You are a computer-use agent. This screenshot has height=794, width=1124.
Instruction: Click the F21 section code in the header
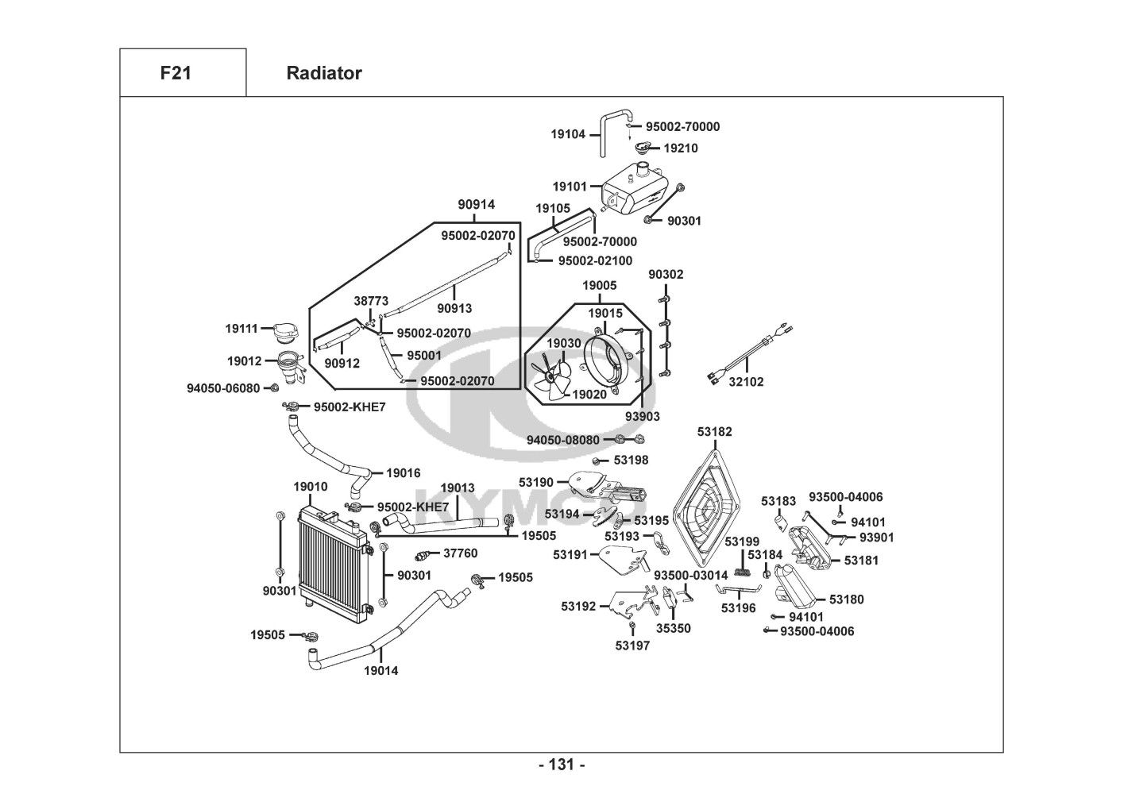[x=175, y=73]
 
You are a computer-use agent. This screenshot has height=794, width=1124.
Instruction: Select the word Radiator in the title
[x=323, y=73]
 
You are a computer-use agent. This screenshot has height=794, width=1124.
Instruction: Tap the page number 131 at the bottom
[x=562, y=765]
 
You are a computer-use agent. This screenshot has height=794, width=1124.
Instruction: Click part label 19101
[x=570, y=187]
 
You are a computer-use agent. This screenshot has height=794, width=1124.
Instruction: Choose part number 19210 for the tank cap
[x=681, y=148]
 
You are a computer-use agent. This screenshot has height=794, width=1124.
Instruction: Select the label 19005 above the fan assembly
[x=599, y=285]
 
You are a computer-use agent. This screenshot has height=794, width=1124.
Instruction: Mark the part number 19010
[x=310, y=487]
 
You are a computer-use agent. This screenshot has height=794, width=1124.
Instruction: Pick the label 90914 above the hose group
[x=476, y=205]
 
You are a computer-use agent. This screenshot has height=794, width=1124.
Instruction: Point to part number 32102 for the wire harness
[x=746, y=382]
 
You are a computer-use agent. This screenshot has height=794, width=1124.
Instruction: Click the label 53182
[x=715, y=432]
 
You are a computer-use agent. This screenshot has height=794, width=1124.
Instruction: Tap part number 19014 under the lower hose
[x=381, y=671]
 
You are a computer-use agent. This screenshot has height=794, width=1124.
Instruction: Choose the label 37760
[x=460, y=553]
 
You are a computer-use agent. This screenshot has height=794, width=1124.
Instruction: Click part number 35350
[x=673, y=628]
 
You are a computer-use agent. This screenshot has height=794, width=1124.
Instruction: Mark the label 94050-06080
[x=223, y=388]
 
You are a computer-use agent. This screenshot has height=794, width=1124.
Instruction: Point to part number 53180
[x=847, y=599]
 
